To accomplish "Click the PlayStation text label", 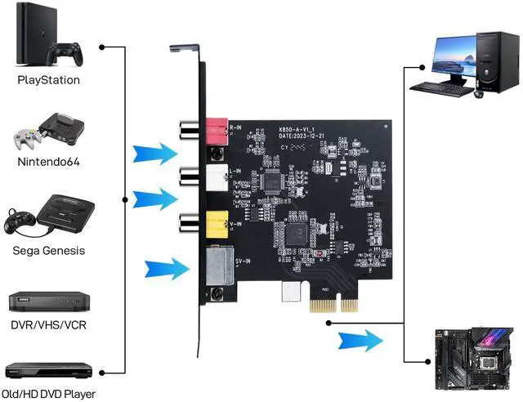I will (x=49, y=80).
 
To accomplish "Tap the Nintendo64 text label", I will (x=49, y=162).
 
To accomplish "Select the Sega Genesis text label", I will (x=49, y=251).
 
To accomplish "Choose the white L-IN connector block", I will (x=216, y=175).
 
